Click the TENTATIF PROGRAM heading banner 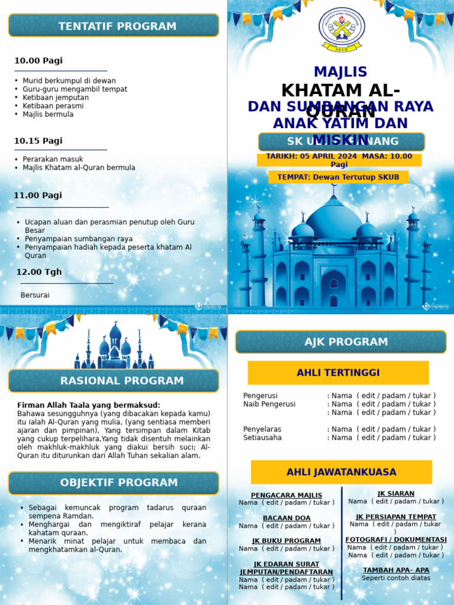[x=113, y=26]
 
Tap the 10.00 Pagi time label [x=38, y=61]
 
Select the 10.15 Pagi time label [x=38, y=141]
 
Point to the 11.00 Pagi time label [x=38, y=196]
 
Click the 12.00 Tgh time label [x=39, y=272]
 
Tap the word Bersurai [x=35, y=295]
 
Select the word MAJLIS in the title [x=340, y=72]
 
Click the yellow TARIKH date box [x=339, y=160]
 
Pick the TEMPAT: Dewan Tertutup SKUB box [x=339, y=177]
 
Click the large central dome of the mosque [x=334, y=219]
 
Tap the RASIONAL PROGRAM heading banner [x=113, y=381]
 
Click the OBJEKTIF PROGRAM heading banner [x=113, y=483]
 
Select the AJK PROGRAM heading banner [x=340, y=342]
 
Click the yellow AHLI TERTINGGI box [x=338, y=373]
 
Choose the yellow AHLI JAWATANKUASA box [x=341, y=472]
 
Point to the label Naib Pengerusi [x=269, y=404]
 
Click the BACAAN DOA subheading [x=287, y=518]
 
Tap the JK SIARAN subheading [x=396, y=493]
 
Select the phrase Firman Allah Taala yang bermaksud [x=89, y=405]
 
